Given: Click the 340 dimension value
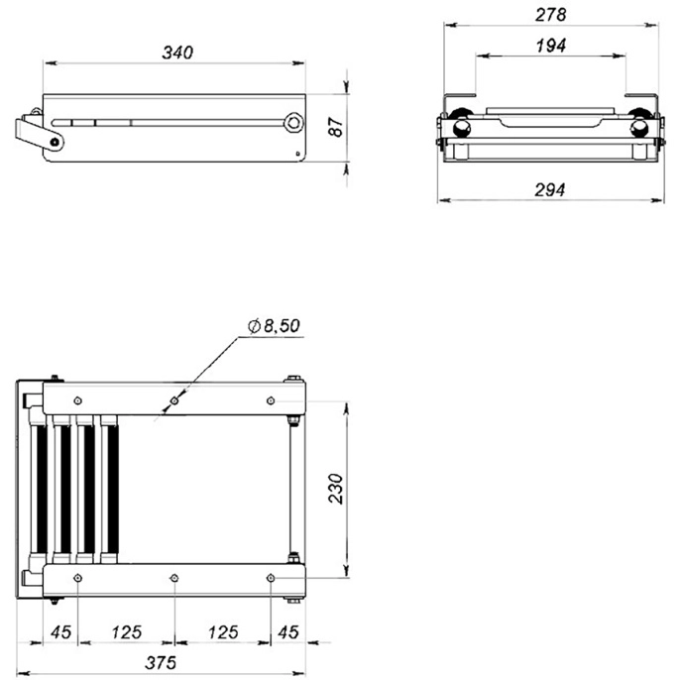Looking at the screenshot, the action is [x=177, y=53].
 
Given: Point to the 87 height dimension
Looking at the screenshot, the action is [x=336, y=127].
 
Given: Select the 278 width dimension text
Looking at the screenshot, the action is [x=550, y=15].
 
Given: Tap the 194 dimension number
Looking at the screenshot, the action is [x=551, y=46].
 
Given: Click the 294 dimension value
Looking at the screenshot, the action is [x=550, y=189].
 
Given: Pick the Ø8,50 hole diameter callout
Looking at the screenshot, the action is [x=274, y=326].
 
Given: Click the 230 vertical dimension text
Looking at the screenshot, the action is [x=336, y=489].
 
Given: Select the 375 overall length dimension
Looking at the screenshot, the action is [x=161, y=662].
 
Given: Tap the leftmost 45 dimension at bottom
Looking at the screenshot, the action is [x=60, y=631].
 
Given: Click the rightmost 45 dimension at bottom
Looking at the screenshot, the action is [x=288, y=631].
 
